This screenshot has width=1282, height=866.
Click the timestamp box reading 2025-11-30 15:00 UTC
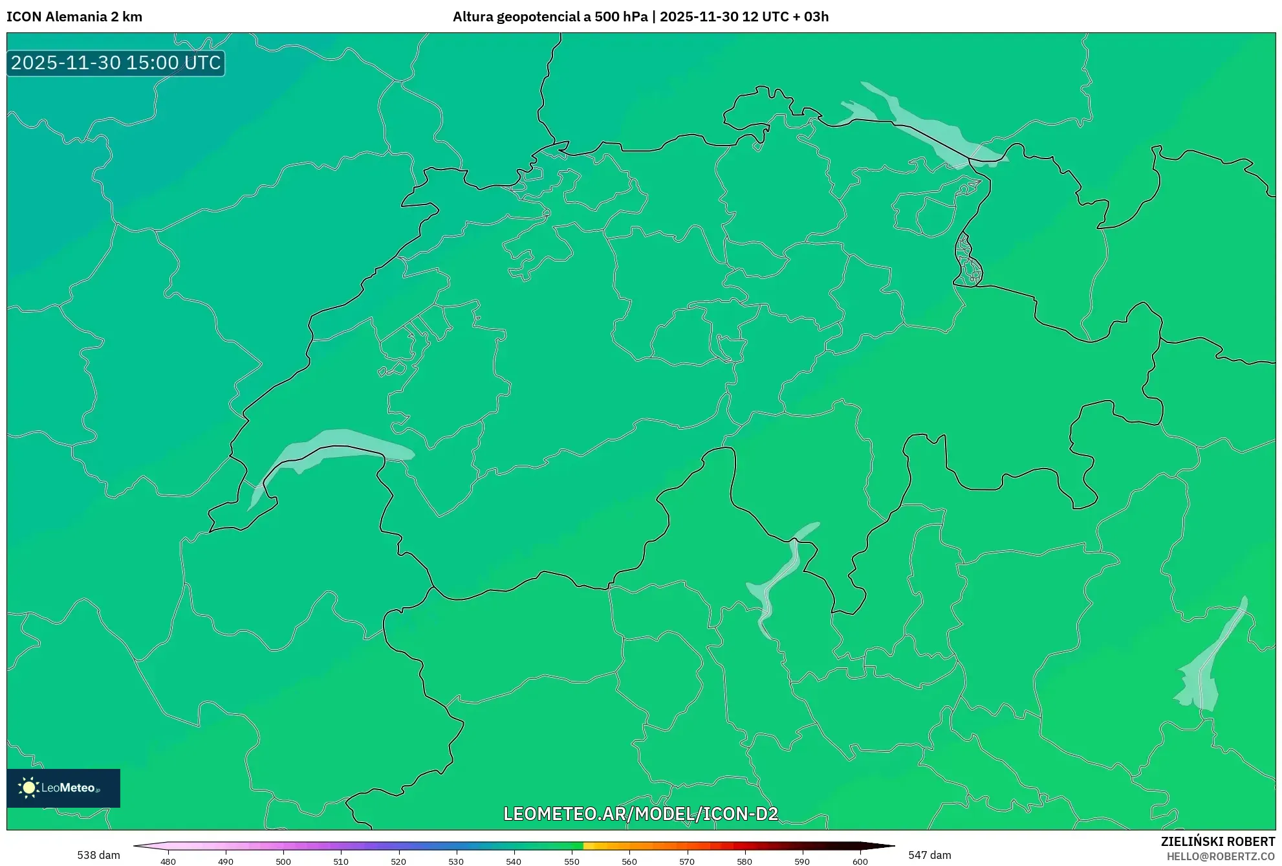[116, 63]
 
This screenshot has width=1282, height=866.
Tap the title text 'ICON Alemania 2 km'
[74, 17]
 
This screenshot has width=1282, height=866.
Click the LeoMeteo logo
[63, 788]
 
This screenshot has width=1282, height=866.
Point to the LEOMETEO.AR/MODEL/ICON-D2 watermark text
[640, 814]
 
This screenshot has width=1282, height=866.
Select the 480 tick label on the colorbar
[168, 861]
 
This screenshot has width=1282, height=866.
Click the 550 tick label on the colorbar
[572, 861]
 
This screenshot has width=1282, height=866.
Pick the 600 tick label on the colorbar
[860, 861]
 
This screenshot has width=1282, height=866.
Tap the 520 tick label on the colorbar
[398, 861]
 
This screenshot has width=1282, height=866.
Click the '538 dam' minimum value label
[98, 855]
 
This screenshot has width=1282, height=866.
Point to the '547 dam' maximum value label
[929, 855]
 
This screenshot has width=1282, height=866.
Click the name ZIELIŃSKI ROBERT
[1217, 841]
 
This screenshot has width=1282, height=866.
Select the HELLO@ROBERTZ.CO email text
[1221, 856]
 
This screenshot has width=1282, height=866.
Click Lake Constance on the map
[925, 130]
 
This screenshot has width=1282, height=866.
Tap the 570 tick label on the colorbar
[687, 861]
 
